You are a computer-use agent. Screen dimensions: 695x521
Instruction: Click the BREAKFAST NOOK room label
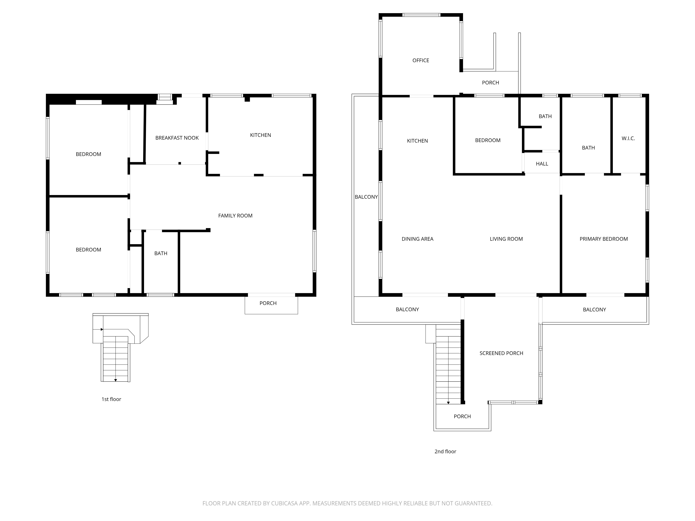pyautogui.click(x=177, y=138)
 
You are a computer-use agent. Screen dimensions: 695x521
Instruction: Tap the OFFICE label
pyautogui.click(x=421, y=60)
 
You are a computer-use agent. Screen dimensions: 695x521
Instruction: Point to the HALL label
pyautogui.click(x=542, y=164)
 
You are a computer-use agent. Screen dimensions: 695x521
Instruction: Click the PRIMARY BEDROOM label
pyautogui.click(x=604, y=239)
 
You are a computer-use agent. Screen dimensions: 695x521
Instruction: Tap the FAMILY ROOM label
pyautogui.click(x=235, y=216)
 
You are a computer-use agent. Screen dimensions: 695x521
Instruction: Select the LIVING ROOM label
pyautogui.click(x=506, y=239)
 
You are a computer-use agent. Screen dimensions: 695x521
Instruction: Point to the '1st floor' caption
pyautogui.click(x=111, y=399)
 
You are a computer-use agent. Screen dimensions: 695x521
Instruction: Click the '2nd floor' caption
pyautogui.click(x=445, y=451)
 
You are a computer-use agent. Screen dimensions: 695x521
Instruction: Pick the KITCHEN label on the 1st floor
pyautogui.click(x=260, y=135)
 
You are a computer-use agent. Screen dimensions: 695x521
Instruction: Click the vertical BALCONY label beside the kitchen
pyautogui.click(x=366, y=197)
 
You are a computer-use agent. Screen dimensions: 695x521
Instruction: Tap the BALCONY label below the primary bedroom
pyautogui.click(x=594, y=310)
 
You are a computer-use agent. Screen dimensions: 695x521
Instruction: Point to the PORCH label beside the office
pyautogui.click(x=490, y=83)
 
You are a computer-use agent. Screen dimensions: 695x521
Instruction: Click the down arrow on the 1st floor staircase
pyautogui.click(x=116, y=380)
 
